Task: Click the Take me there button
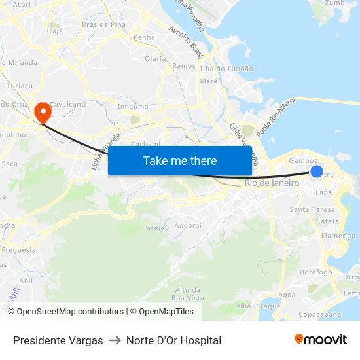[180, 161]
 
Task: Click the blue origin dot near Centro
[316, 171]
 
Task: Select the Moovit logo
[320, 340]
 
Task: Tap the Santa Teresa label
[312, 210]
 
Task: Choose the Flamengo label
[338, 236]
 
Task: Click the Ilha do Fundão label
[226, 69]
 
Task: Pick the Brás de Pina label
[103, 24]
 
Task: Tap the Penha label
[144, 37]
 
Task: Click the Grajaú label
[157, 228]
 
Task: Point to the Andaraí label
[189, 225]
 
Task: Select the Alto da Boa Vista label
[188, 293]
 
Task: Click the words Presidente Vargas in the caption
[58, 340]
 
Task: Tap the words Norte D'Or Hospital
[173, 340]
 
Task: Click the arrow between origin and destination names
[115, 340]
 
